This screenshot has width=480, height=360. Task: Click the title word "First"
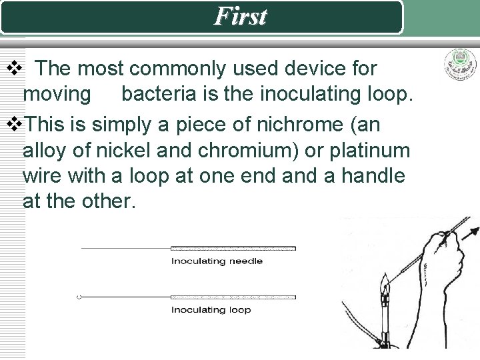[240, 16]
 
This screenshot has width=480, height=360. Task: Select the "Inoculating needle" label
[217, 261]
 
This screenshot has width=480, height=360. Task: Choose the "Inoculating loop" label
[211, 309]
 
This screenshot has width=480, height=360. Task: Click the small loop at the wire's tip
[79, 297]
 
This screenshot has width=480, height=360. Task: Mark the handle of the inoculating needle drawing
[233, 248]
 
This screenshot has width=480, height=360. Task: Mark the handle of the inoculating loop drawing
[233, 297]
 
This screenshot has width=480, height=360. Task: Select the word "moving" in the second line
[57, 94]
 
